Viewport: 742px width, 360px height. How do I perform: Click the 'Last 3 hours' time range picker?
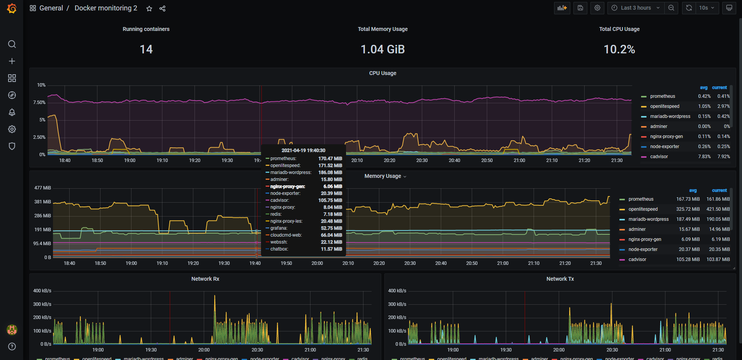pyautogui.click(x=636, y=8)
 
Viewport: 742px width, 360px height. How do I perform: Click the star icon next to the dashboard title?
pyautogui.click(x=149, y=9)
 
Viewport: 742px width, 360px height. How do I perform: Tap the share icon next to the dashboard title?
pyautogui.click(x=162, y=9)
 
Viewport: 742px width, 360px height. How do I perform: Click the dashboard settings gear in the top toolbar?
pyautogui.click(x=597, y=8)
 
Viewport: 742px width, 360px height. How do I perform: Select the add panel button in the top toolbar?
pyautogui.click(x=562, y=8)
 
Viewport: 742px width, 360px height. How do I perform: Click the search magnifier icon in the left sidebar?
pyautogui.click(x=12, y=44)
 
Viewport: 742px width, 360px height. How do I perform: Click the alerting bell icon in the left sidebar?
pyautogui.click(x=12, y=112)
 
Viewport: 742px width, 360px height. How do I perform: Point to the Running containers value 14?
pyautogui.click(x=146, y=49)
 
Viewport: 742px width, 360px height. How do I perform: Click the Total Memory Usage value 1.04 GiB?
pyautogui.click(x=382, y=49)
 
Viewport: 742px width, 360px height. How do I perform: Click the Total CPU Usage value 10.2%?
pyautogui.click(x=619, y=49)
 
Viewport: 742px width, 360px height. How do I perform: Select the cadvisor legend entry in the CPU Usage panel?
pyautogui.click(x=659, y=157)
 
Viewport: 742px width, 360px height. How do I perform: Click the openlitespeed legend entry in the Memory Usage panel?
pyautogui.click(x=643, y=209)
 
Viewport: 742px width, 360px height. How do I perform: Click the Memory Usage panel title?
pyautogui.click(x=383, y=176)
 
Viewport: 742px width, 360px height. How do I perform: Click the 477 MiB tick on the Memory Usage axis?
pyautogui.click(x=43, y=188)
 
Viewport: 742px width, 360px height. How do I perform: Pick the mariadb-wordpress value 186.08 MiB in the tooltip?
pyautogui.click(x=330, y=172)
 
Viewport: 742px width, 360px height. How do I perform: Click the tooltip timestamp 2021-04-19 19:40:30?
pyautogui.click(x=303, y=150)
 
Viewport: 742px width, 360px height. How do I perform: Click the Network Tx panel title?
pyautogui.click(x=560, y=279)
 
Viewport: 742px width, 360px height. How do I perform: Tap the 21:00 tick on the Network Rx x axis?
pyautogui.click(x=310, y=350)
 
